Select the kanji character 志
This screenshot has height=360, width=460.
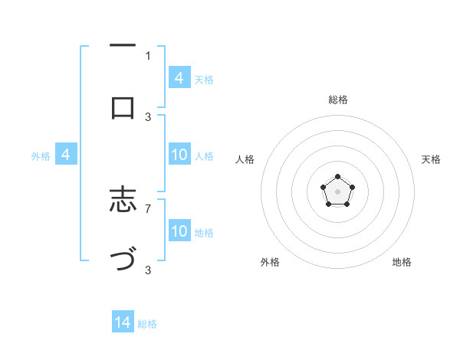pos(123,200)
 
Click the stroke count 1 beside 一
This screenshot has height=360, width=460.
pos(148,55)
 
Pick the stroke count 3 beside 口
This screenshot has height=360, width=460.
pos(148,116)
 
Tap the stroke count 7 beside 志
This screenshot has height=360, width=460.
pos(148,208)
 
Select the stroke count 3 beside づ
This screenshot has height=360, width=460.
pos(148,269)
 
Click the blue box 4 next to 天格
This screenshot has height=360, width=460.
pos(179,78)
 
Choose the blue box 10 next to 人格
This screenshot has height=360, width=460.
pos(179,155)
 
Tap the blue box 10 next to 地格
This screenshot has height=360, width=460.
pos(179,231)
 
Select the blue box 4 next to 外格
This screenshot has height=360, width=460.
pos(66,155)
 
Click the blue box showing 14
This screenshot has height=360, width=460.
pos(123,322)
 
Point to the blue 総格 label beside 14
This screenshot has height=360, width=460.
pos(147,324)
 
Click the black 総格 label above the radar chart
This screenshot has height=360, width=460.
pos(337,100)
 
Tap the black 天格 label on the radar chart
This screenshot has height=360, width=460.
pos(431,159)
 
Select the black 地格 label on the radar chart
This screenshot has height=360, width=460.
pos(402,262)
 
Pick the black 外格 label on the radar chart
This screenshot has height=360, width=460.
pos(270,262)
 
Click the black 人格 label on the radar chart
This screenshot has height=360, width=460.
pos(245,159)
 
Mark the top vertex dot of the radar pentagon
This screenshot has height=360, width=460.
pos(337,177)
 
